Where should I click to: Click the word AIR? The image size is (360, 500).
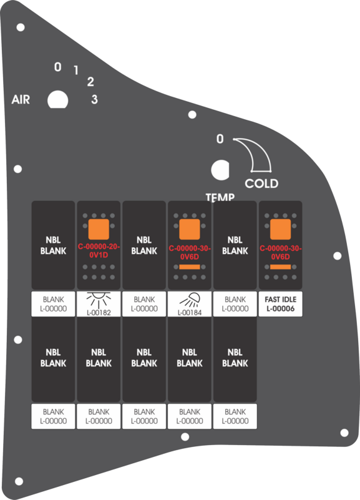tap(21, 99)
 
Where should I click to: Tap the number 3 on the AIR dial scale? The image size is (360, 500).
tap(94, 99)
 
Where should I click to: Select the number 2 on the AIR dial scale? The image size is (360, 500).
tap(90, 82)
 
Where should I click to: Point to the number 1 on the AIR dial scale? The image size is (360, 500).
tap(76, 70)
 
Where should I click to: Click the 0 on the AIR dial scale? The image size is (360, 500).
tap(57, 67)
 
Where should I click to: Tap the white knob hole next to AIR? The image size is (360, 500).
tap(57, 100)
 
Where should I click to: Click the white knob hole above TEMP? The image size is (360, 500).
tap(220, 170)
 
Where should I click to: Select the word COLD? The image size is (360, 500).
tap(261, 184)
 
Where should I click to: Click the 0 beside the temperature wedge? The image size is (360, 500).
tap(220, 139)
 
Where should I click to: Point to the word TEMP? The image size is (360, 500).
tap(220, 197)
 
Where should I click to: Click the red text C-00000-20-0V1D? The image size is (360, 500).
tap(99, 251)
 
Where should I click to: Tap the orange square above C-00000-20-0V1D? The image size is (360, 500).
tap(99, 229)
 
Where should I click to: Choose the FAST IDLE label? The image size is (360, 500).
tap(281, 300)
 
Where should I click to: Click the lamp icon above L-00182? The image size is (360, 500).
tap(99, 300)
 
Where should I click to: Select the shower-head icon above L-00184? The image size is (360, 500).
tap(190, 300)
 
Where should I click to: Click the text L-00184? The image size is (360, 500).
tap(190, 313)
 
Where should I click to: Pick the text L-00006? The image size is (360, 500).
tap(281, 308)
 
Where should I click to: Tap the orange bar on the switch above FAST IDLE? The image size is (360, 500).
tap(281, 267)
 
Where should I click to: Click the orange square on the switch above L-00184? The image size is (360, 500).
tap(190, 229)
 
